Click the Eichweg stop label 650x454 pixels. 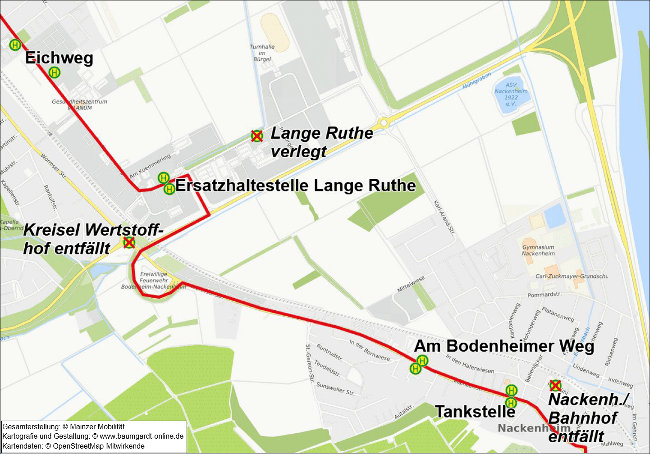[x=59, y=58]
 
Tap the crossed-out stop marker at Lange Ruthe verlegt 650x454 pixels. [x=257, y=136]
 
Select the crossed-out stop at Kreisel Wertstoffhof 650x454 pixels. [x=129, y=243]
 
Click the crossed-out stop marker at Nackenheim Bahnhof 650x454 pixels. [x=555, y=386]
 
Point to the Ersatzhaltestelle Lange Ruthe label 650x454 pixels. [x=295, y=186]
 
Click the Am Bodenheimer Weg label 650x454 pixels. [x=504, y=346]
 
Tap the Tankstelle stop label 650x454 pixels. [x=475, y=412]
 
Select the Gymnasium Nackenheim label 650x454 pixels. [x=538, y=250]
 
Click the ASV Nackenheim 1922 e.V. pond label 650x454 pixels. [x=511, y=94]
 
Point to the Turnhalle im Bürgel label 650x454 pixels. [x=262, y=53]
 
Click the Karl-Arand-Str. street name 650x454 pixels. [x=444, y=218]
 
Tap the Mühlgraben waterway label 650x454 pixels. [x=476, y=81]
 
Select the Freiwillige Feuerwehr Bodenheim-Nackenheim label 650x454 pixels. [x=153, y=280]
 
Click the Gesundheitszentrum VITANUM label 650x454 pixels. [x=79, y=104]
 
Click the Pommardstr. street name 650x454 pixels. [x=545, y=295]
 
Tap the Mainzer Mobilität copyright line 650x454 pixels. [x=64, y=427]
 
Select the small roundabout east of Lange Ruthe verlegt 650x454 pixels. [x=383, y=123]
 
